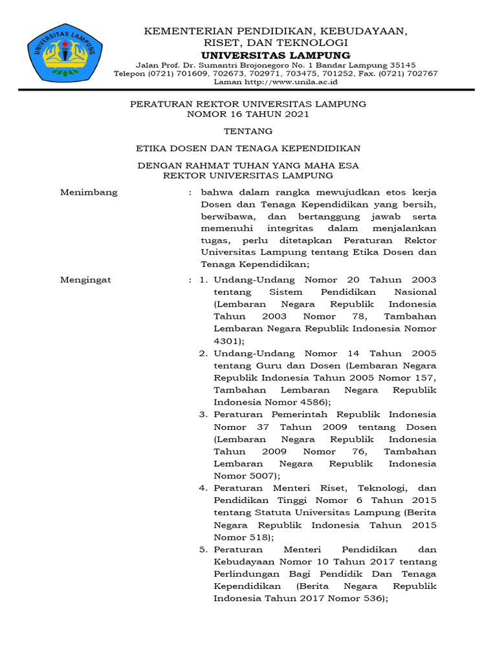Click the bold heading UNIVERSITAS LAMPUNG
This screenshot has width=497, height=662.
[276, 55]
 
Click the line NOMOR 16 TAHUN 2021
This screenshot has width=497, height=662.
[248, 114]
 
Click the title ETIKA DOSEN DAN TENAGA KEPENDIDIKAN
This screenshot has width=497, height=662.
[248, 148]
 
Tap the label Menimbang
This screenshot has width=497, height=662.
[89, 192]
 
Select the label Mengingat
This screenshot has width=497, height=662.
[85, 280]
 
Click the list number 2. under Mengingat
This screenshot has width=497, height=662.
[203, 354]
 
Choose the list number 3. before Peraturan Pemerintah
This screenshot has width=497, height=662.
[203, 414]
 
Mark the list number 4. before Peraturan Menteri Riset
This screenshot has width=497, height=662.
[203, 488]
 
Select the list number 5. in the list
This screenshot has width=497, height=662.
[203, 550]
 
